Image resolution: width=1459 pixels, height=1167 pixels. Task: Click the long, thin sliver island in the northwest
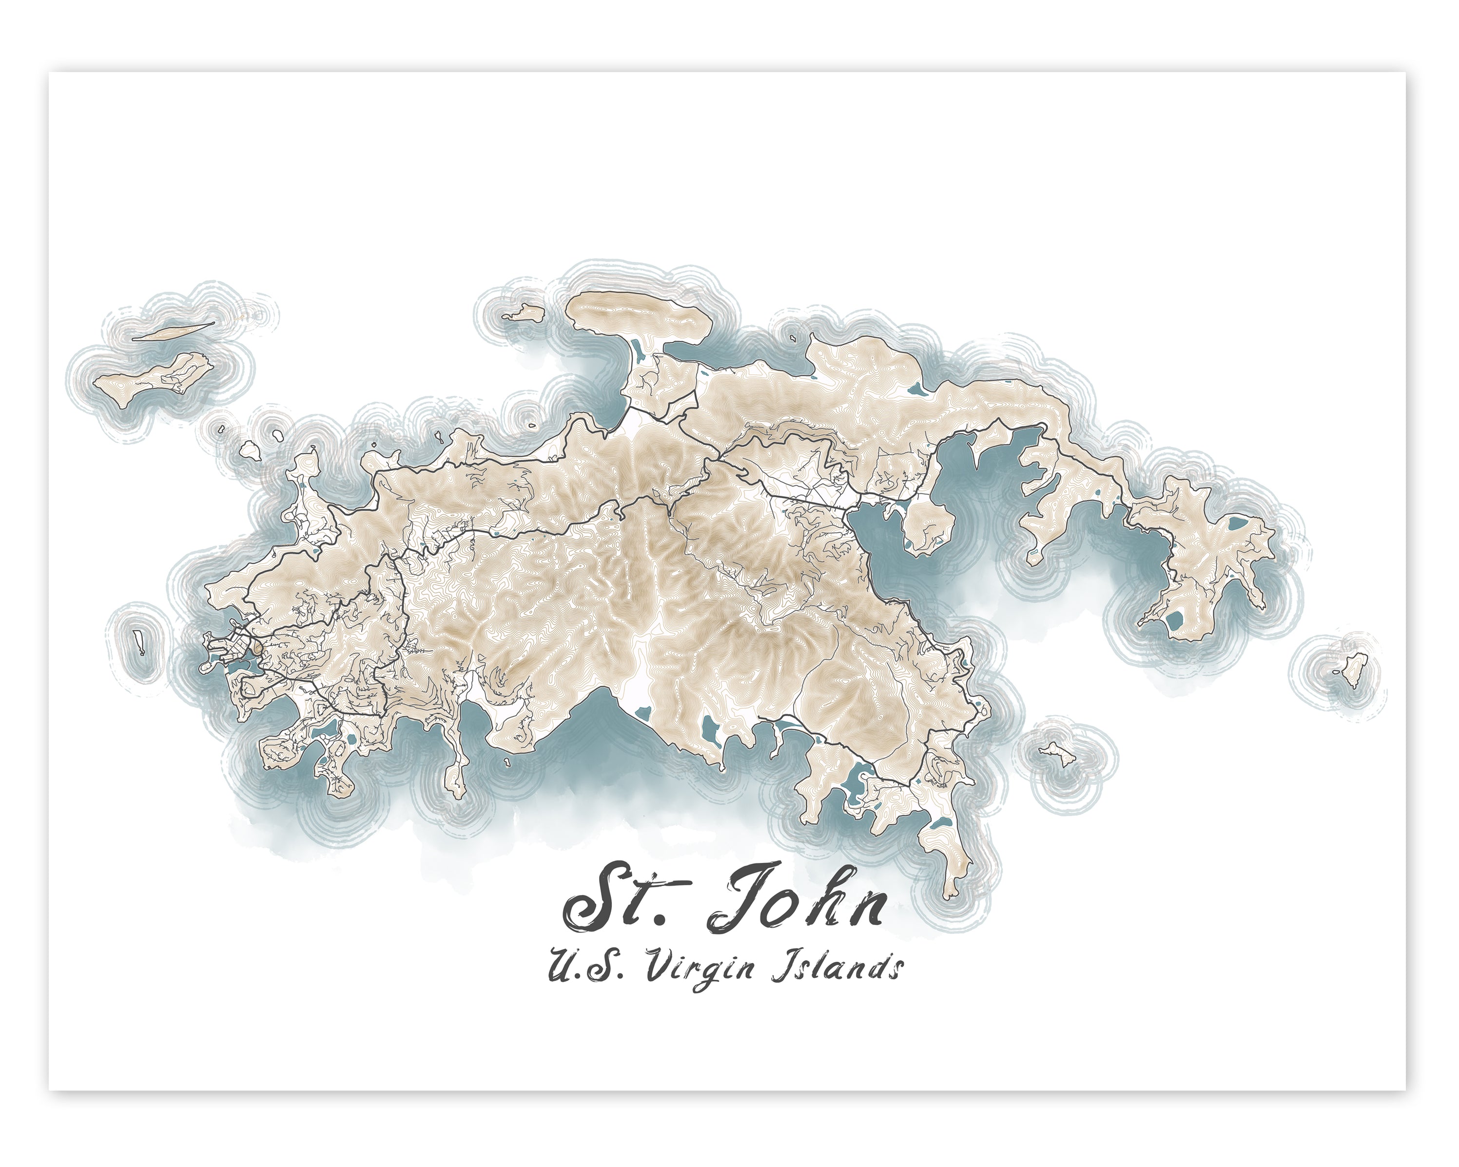[x=173, y=331]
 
